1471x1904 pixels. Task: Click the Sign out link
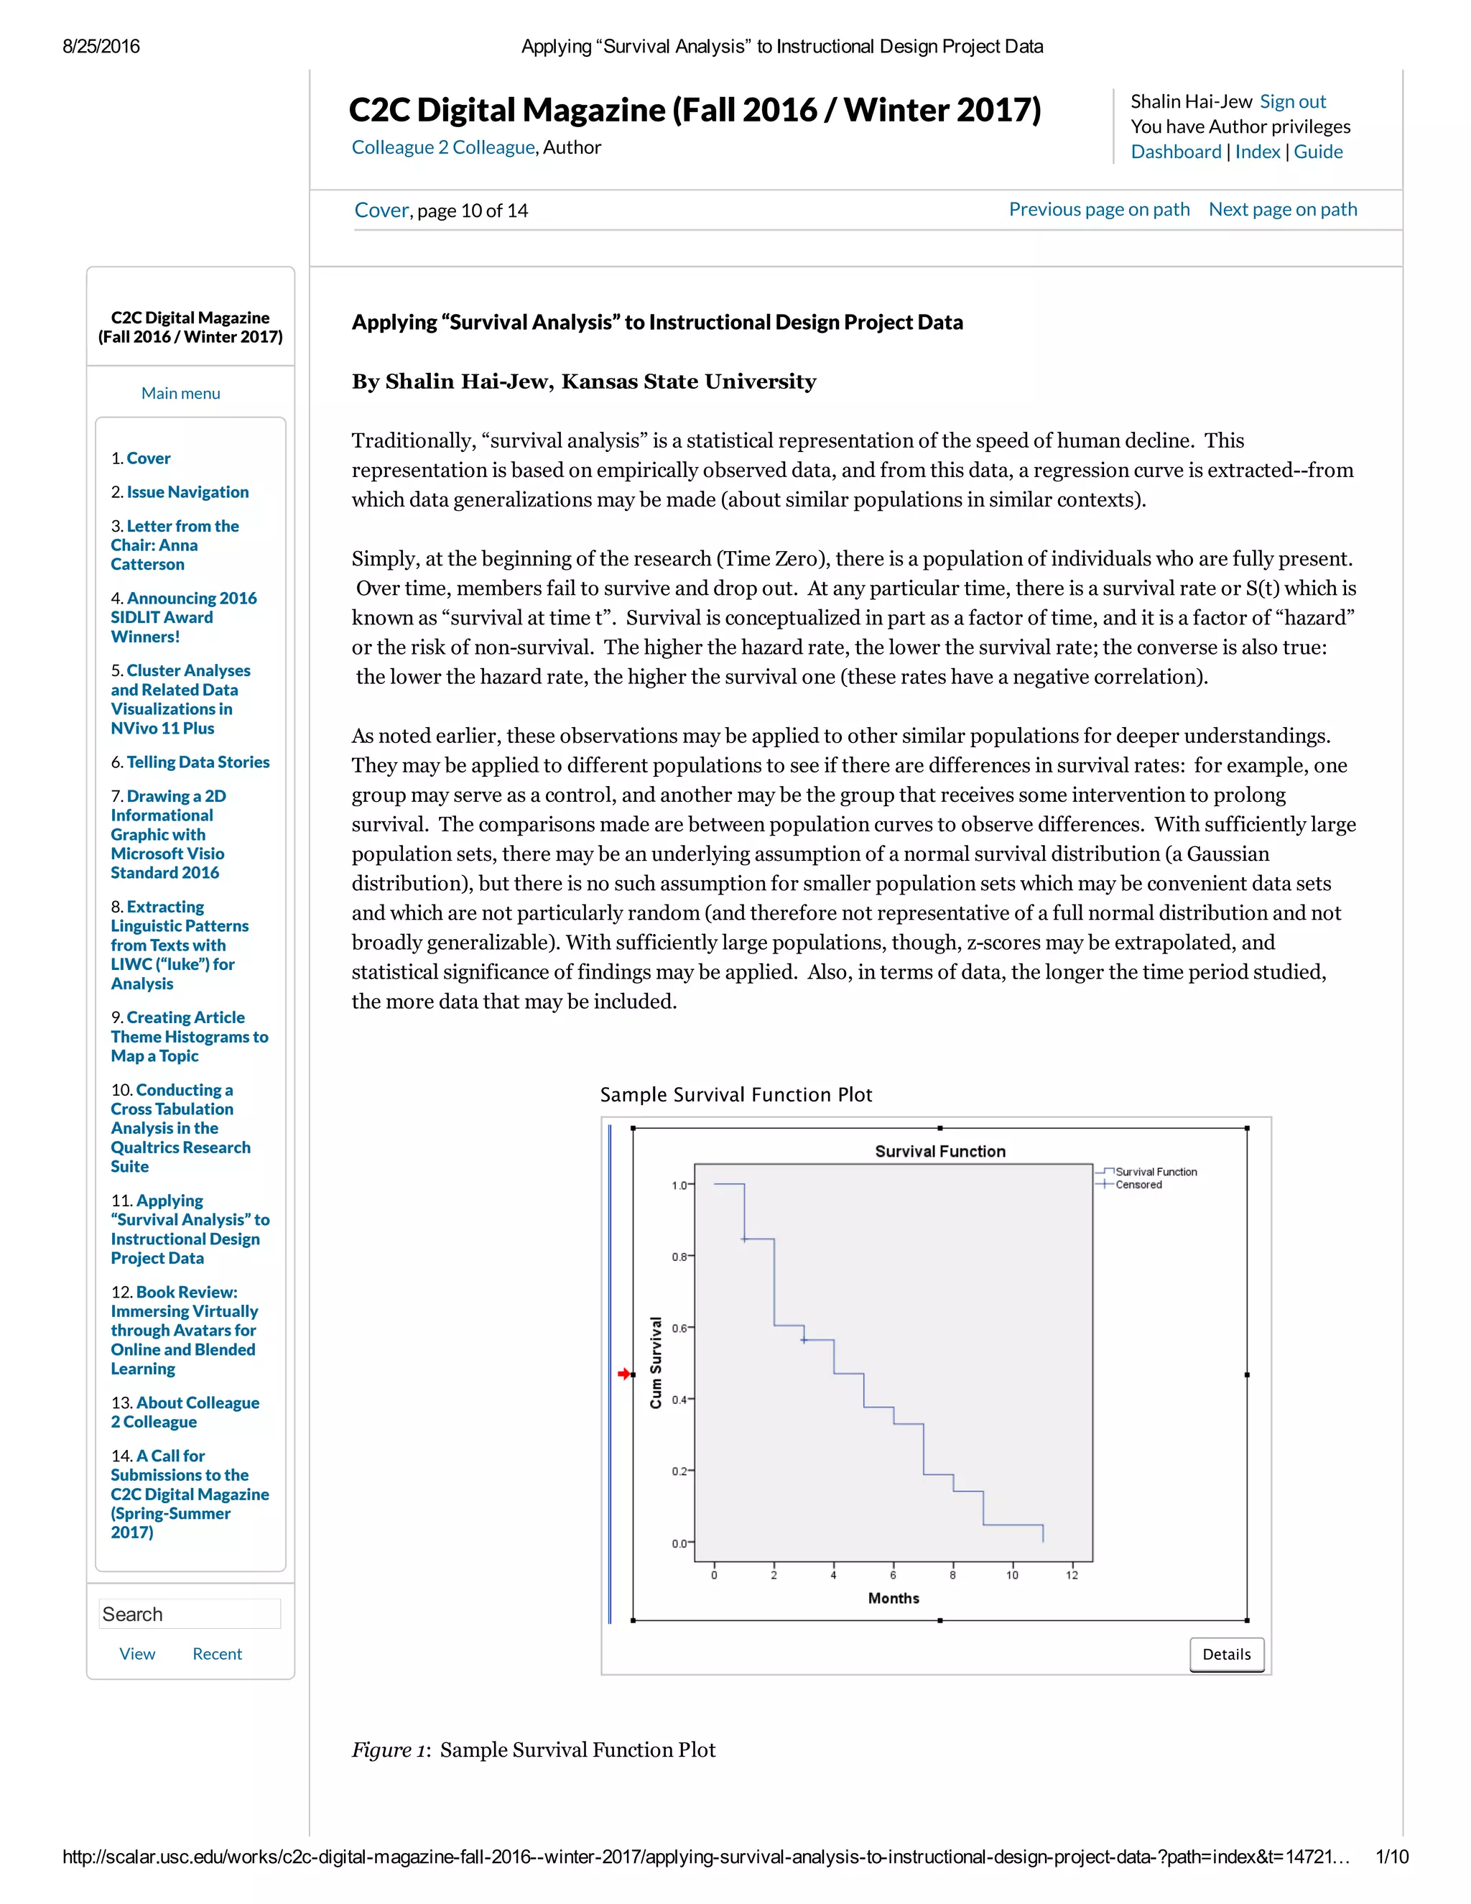(1292, 102)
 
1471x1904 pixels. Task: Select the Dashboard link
(1176, 152)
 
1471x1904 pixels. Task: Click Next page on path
(1282, 209)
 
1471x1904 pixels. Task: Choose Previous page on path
(1099, 209)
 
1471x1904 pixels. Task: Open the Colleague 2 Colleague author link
(442, 147)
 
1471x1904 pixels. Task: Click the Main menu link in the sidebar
(180, 393)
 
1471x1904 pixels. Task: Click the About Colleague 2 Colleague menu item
(185, 1413)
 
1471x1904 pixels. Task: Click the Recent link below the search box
(217, 1654)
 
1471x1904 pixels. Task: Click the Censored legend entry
(1138, 1185)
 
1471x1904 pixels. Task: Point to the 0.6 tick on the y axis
(679, 1328)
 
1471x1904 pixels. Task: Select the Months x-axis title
(894, 1598)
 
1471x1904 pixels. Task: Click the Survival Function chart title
(939, 1152)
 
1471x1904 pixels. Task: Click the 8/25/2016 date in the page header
(101, 46)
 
